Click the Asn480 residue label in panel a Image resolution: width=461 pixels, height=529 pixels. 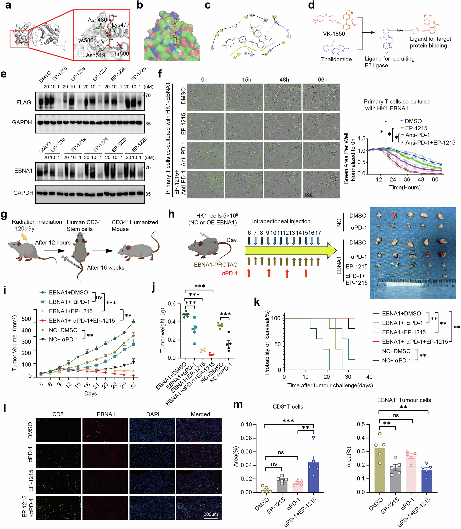97,20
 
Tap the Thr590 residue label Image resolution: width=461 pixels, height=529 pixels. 120,54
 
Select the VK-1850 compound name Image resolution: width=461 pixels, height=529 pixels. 334,34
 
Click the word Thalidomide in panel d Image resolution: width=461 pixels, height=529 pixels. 336,60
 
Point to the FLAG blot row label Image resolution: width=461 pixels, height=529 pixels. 24,102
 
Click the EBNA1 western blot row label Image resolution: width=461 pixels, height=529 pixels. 23,171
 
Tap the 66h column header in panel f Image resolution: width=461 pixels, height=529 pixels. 323,80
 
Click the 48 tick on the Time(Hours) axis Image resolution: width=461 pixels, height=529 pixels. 421,179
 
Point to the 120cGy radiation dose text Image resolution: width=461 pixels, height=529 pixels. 25,229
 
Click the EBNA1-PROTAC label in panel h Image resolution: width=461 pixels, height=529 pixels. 216,265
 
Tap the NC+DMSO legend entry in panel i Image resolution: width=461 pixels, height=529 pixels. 63,330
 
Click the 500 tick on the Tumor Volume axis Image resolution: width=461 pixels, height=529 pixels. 26,319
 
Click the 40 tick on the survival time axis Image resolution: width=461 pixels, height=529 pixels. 369,377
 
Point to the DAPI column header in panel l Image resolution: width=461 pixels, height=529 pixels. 153,414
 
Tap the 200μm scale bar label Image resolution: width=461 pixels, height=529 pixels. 211,514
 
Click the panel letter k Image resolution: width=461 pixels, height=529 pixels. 257,302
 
